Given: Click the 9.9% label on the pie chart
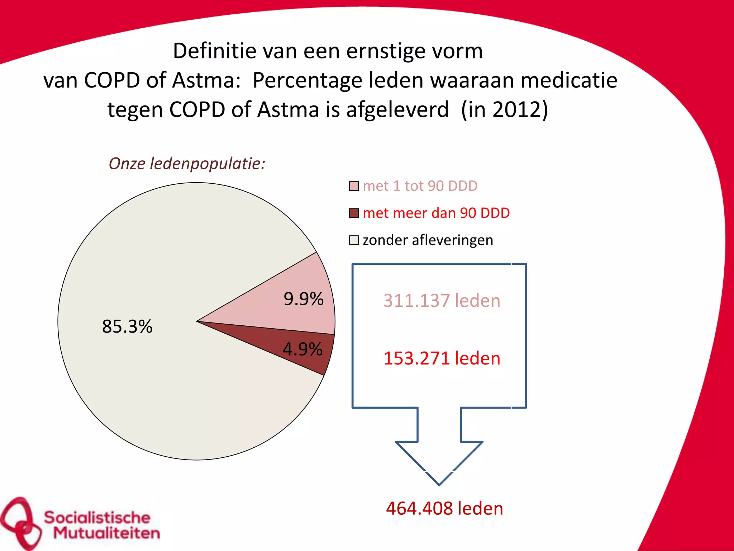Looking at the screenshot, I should click(303, 299).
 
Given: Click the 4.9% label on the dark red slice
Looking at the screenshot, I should click(302, 349).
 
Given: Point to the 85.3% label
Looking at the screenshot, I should click(127, 326).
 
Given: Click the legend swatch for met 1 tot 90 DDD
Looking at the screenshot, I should click(354, 186).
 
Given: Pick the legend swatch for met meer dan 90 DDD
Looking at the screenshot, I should click(354, 213).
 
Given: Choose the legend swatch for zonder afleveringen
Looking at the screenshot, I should click(354, 240).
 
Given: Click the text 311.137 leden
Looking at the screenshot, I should click(442, 301).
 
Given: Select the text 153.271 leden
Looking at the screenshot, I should click(442, 358).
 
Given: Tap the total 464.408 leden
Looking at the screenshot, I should click(444, 508).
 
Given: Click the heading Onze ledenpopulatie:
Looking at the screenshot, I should click(187, 164).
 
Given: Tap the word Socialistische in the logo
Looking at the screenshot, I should click(97, 517).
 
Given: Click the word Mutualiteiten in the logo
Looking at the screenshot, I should click(106, 533).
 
